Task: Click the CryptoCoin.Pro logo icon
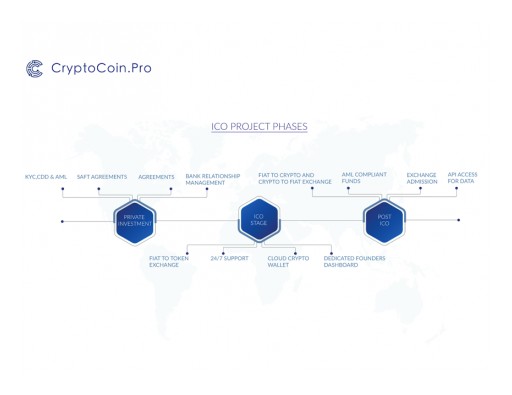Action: [x=34, y=68]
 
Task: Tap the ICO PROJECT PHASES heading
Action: [x=259, y=127]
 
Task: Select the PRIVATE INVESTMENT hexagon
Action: [x=134, y=220]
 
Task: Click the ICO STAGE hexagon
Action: [x=258, y=220]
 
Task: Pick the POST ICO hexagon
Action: [x=384, y=220]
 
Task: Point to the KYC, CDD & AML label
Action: [x=46, y=177]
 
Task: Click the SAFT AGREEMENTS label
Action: [x=102, y=177]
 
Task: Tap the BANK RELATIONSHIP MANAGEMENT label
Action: [x=212, y=180]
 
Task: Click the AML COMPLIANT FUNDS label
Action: [x=364, y=178]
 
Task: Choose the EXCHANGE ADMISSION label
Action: [x=421, y=178]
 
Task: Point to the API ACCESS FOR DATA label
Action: [x=462, y=178]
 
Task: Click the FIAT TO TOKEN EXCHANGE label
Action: [x=168, y=261]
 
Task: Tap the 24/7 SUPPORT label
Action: [x=229, y=258]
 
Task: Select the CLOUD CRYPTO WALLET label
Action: [x=288, y=261]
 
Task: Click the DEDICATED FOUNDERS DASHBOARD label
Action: [x=354, y=261]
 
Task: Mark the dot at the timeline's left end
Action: [x=62, y=221]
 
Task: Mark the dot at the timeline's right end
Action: [x=459, y=220]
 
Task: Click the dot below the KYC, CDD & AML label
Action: [x=62, y=188]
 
